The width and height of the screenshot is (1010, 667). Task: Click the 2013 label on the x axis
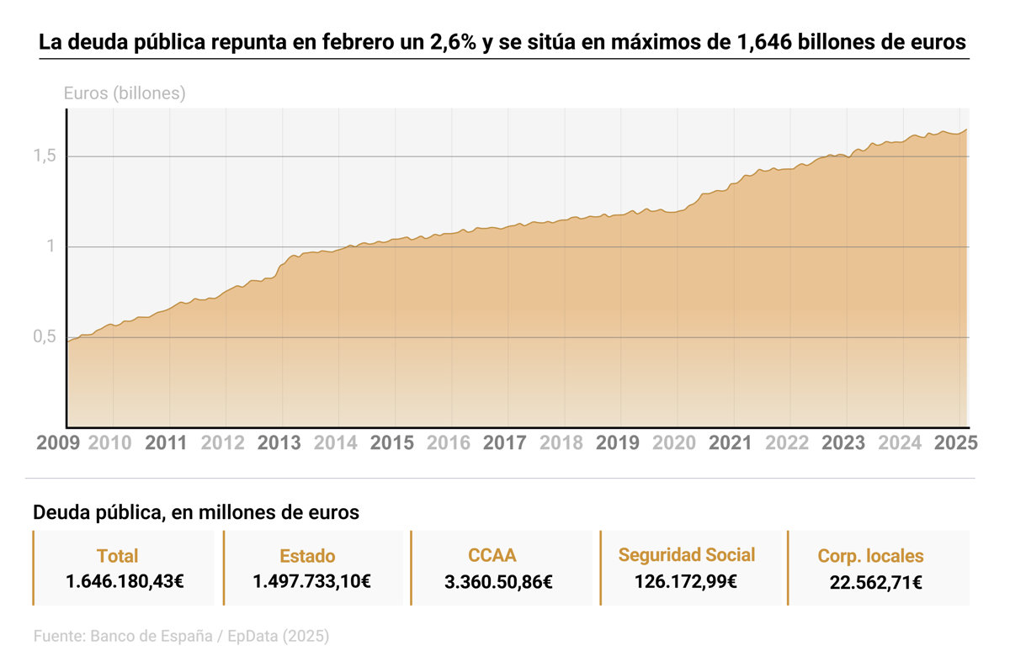pyautogui.click(x=279, y=442)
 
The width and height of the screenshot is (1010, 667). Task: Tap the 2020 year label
pyautogui.click(x=675, y=442)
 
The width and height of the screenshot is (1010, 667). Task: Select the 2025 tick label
pyautogui.click(x=955, y=442)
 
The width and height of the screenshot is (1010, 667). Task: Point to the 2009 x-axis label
pyautogui.click(x=58, y=442)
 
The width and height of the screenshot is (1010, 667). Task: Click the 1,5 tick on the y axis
pyautogui.click(x=45, y=156)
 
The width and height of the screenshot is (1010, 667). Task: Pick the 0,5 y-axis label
pyautogui.click(x=45, y=337)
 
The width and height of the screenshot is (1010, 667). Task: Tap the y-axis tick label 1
pyautogui.click(x=50, y=247)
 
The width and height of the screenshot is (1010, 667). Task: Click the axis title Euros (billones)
pyautogui.click(x=125, y=93)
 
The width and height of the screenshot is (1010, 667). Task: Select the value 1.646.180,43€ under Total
pyautogui.click(x=125, y=580)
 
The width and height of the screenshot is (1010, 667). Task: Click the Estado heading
pyautogui.click(x=307, y=556)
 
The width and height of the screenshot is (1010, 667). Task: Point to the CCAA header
pyautogui.click(x=492, y=555)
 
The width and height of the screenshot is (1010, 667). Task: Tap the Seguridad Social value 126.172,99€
pyautogui.click(x=687, y=580)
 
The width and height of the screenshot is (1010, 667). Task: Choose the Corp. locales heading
pyautogui.click(x=870, y=556)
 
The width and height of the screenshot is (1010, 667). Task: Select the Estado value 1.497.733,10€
pyautogui.click(x=312, y=580)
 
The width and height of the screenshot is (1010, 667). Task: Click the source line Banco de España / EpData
pyautogui.click(x=181, y=637)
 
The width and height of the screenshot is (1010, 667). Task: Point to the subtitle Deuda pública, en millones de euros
pyautogui.click(x=196, y=512)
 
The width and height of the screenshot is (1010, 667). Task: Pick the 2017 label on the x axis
pyautogui.click(x=505, y=442)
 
